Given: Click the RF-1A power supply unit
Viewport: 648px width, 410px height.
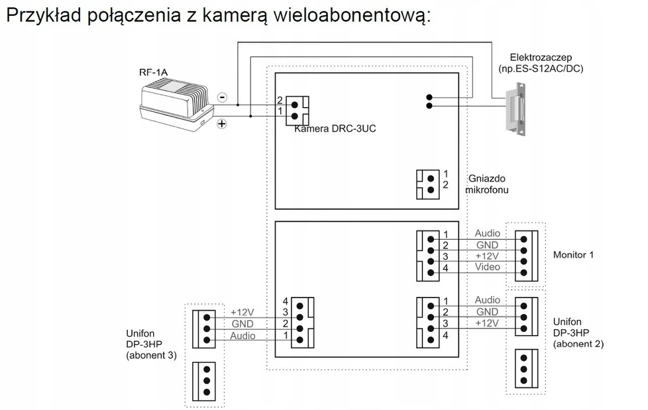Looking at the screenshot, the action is (176, 106).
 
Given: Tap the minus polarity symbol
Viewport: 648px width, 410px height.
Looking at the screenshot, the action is (223, 97).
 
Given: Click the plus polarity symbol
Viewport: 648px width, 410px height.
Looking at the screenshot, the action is (222, 123).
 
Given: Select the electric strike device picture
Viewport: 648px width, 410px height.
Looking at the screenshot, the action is (517, 109).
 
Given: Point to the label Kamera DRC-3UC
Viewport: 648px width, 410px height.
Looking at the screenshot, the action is (335, 128).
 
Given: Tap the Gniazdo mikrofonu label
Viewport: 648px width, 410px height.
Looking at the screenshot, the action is (487, 184).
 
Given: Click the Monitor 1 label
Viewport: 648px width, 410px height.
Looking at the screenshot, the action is (573, 254).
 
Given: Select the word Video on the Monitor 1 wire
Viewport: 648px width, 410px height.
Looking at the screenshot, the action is (487, 267).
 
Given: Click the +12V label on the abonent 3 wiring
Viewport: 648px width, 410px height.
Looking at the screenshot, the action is (243, 312).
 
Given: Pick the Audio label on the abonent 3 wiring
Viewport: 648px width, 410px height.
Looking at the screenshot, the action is (243, 336).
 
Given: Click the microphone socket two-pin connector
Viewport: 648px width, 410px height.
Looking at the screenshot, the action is (427, 184).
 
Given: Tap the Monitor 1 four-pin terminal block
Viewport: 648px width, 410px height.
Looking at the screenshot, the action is (526, 256).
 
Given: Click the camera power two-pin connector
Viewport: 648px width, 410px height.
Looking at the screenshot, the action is (297, 111).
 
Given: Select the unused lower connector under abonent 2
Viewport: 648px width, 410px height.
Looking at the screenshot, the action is (526, 369).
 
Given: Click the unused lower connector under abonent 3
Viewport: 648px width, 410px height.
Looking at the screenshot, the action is (203, 381).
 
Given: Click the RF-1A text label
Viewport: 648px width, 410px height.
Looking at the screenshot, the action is (153, 72).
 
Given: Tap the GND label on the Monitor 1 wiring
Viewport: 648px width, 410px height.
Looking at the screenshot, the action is (487, 245).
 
